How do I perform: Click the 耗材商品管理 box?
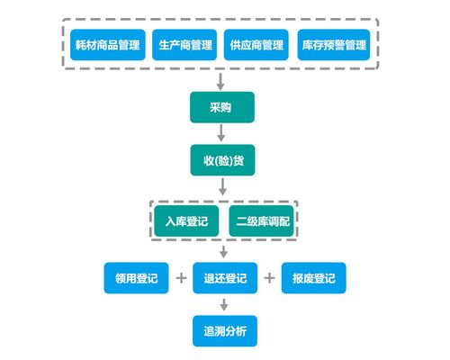(107, 45)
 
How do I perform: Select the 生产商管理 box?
(184, 45)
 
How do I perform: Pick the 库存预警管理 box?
(334, 45)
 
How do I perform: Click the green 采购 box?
(222, 107)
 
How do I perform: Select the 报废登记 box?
(314, 278)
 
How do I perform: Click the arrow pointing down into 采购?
(222, 81)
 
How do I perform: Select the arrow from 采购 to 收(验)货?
(222, 133)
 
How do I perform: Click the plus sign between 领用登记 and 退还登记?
(181, 278)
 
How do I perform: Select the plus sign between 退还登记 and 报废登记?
(269, 278)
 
